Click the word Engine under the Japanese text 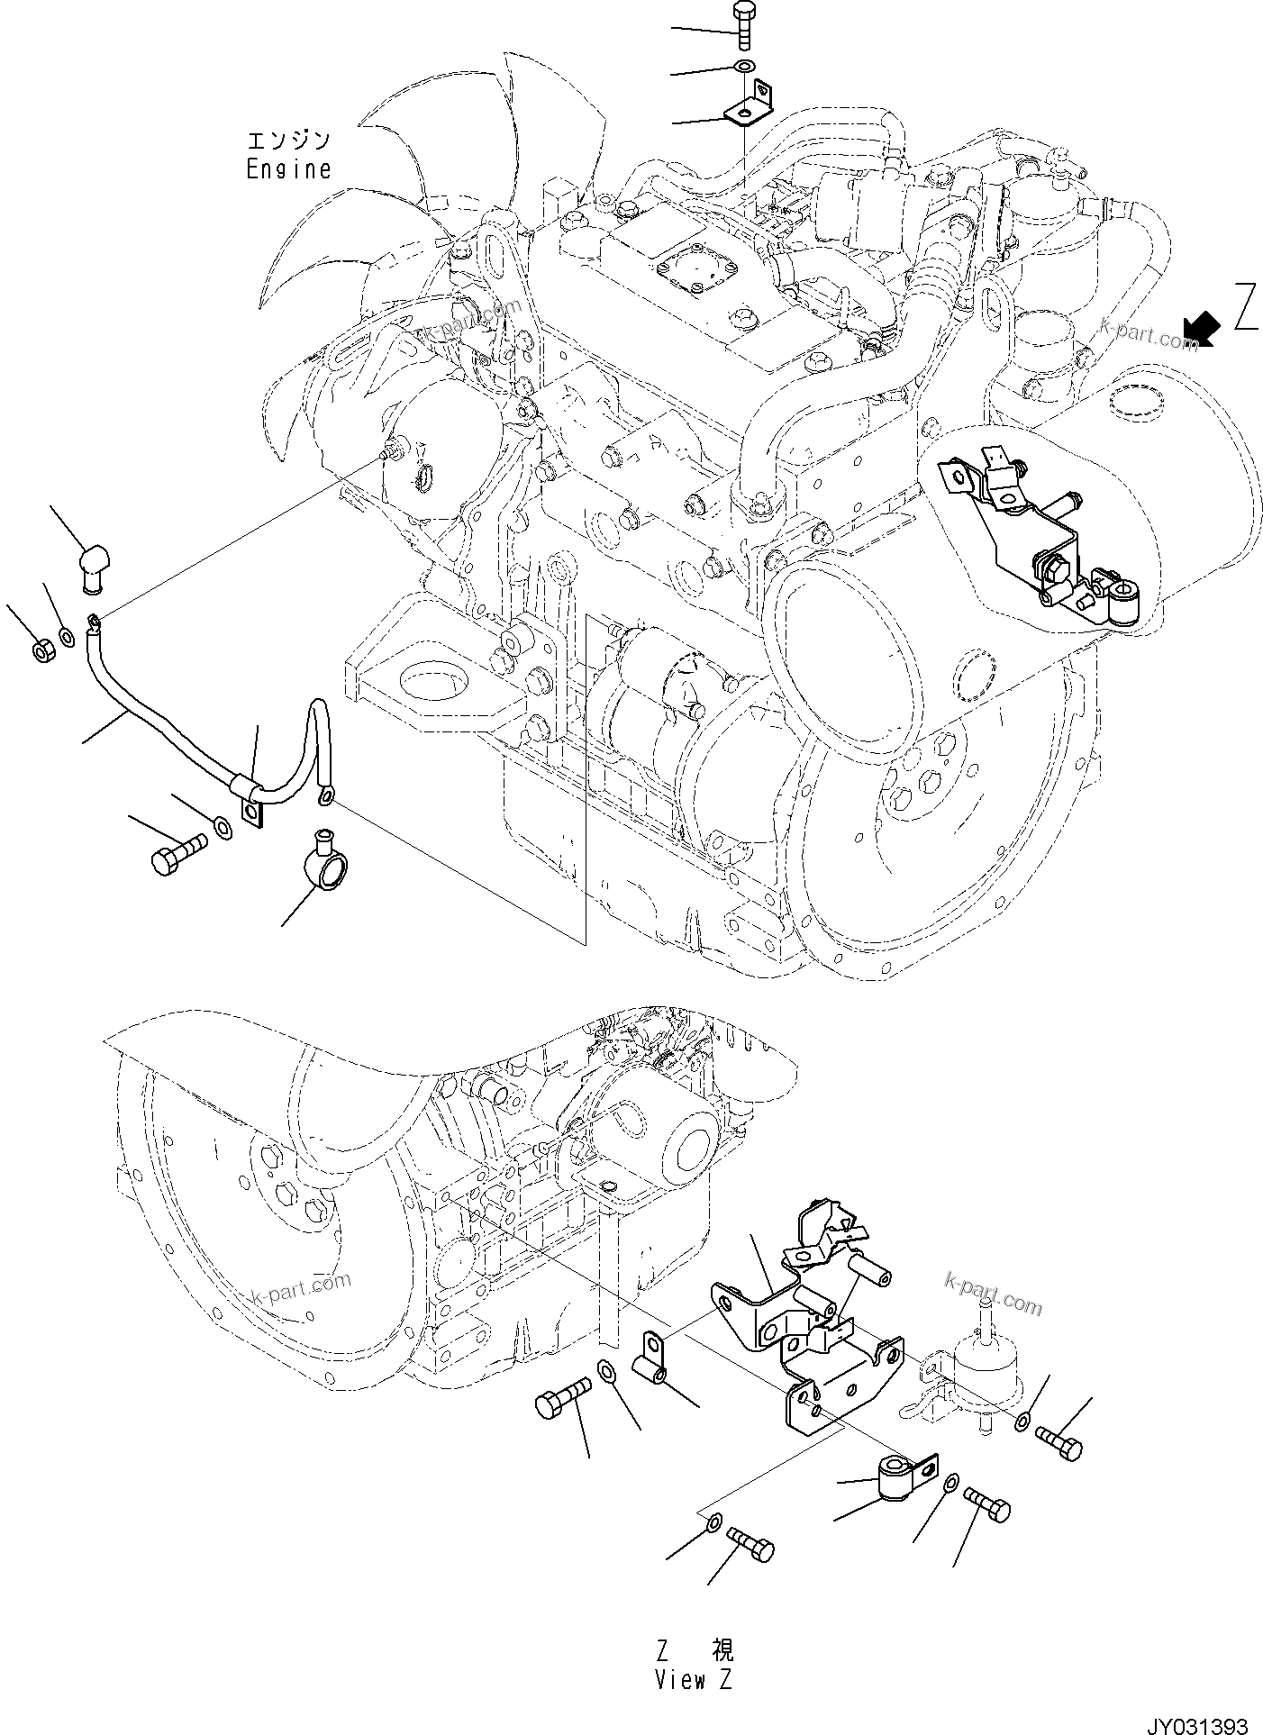point(288,168)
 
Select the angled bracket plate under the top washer point(750,105)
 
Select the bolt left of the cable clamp point(177,852)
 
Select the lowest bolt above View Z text point(750,1545)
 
